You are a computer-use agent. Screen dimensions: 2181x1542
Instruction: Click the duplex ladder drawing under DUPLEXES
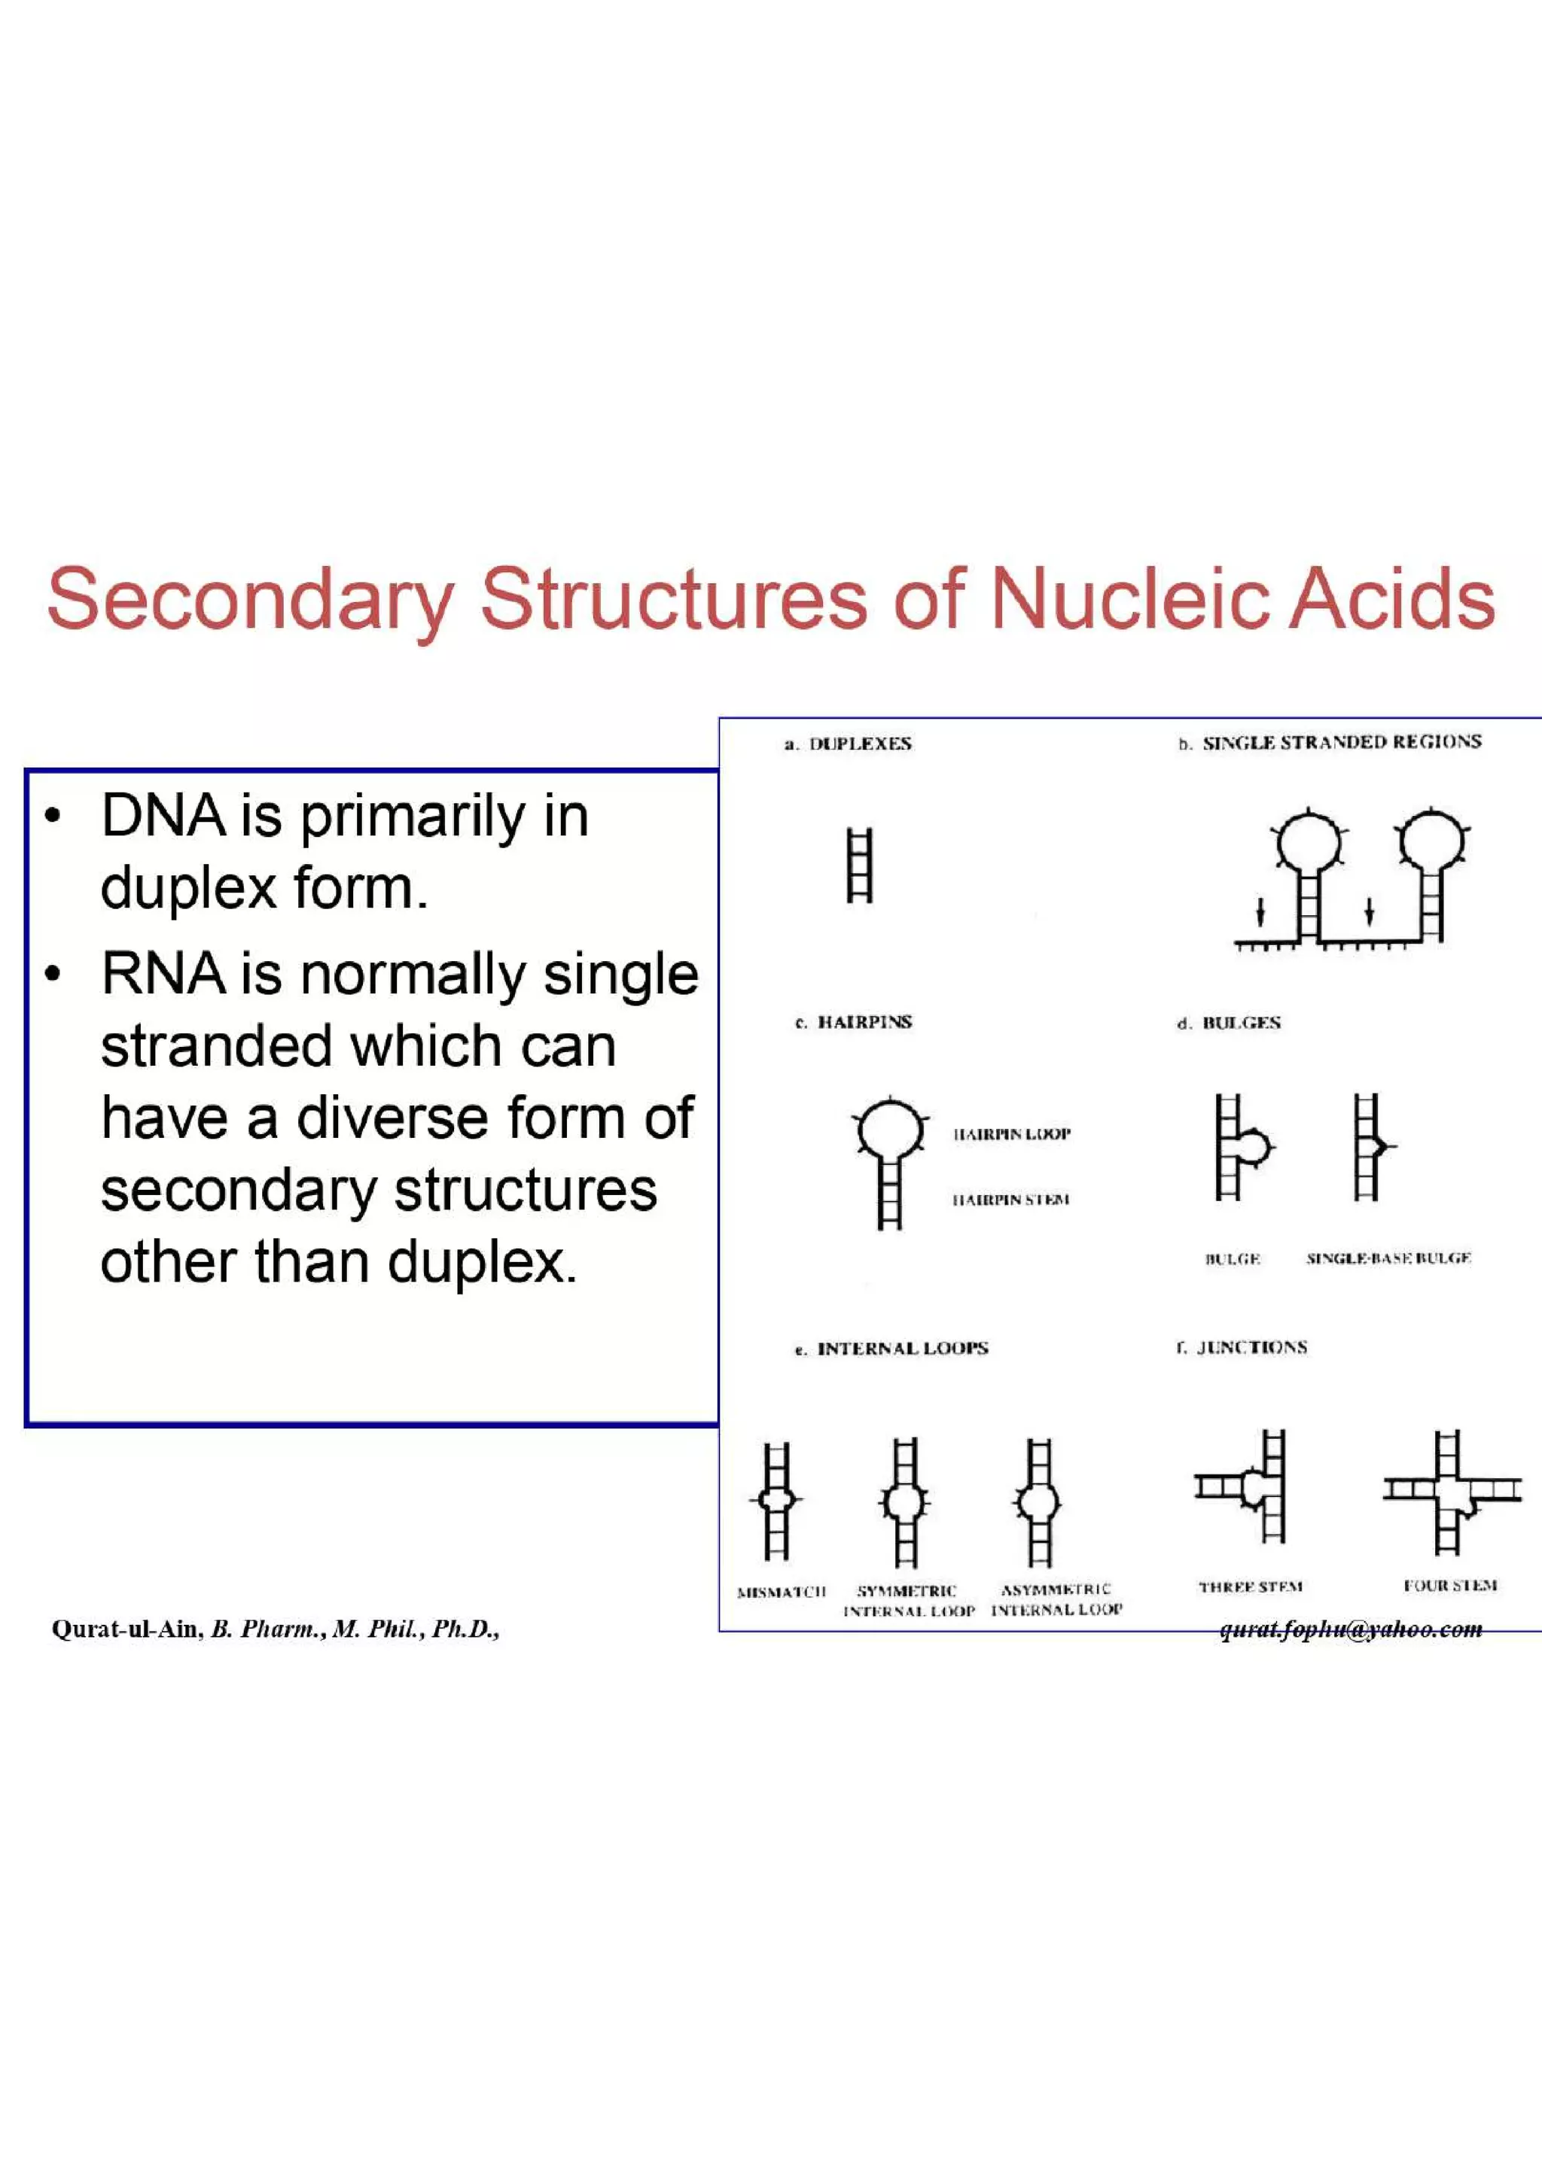coord(859,865)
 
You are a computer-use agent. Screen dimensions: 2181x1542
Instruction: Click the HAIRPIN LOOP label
coord(1012,1134)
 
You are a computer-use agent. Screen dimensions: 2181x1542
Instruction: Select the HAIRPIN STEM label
coord(1011,1200)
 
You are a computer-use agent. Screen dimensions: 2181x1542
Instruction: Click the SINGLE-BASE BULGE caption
coord(1388,1258)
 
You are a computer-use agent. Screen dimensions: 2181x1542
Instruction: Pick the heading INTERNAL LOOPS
coord(902,1349)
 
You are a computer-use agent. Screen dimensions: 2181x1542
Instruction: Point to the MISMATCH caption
coord(781,1591)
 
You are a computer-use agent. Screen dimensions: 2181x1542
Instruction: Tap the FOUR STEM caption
coord(1450,1586)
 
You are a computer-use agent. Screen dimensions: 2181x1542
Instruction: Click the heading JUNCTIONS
coord(1251,1348)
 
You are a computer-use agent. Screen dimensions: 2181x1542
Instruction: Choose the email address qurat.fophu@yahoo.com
coord(1350,1629)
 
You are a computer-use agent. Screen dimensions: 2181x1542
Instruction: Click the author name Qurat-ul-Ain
coord(127,1629)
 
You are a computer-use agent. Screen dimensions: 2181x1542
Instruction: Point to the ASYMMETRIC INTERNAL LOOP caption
coord(1056,1600)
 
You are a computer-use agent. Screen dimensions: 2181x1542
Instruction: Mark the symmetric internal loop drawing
coord(904,1502)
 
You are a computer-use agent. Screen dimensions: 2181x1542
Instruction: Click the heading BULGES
coord(1240,1023)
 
